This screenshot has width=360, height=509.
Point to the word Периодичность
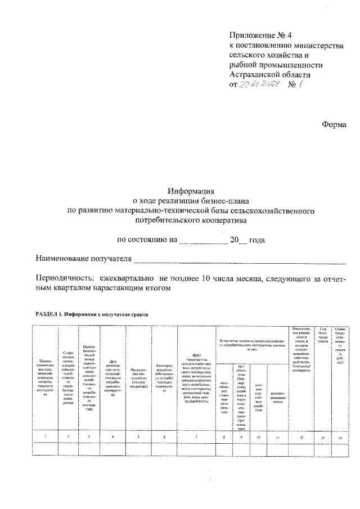click(64, 278)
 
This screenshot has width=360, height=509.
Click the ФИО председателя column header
click(196, 382)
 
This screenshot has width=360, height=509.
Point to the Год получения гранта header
click(323, 336)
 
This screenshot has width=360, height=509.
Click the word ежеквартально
click(127, 278)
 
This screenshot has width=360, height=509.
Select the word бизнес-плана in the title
click(225, 200)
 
